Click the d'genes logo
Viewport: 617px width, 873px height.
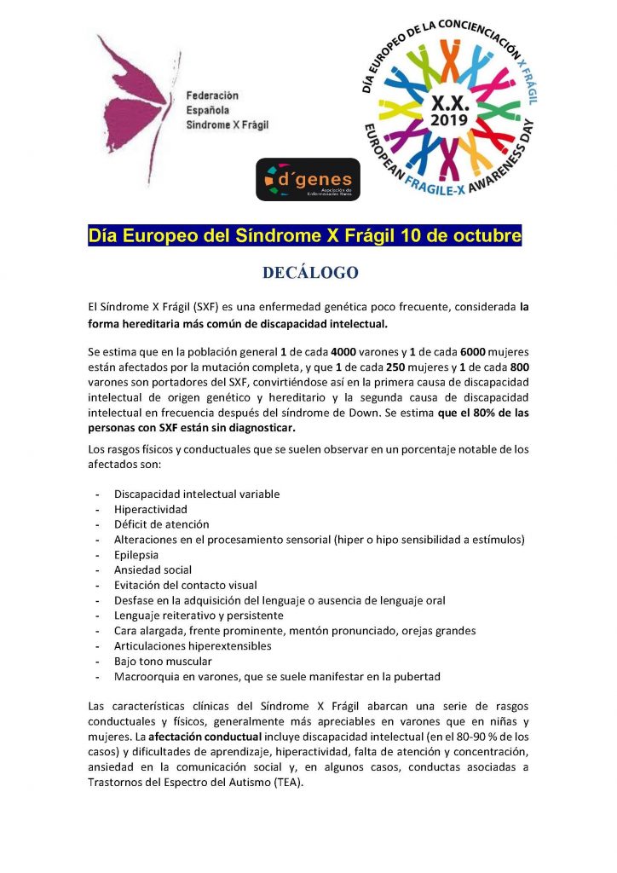click(x=308, y=179)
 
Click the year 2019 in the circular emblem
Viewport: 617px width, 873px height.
click(x=450, y=120)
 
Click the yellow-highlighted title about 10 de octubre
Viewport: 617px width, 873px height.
click(x=305, y=234)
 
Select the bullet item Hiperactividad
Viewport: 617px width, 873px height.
click(x=151, y=509)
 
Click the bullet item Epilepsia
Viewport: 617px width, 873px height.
click(x=137, y=554)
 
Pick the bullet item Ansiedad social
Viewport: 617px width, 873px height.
click(x=153, y=569)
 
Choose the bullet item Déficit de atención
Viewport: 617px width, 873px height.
click(x=161, y=524)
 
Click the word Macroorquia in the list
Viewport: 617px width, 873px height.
click(x=147, y=676)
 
